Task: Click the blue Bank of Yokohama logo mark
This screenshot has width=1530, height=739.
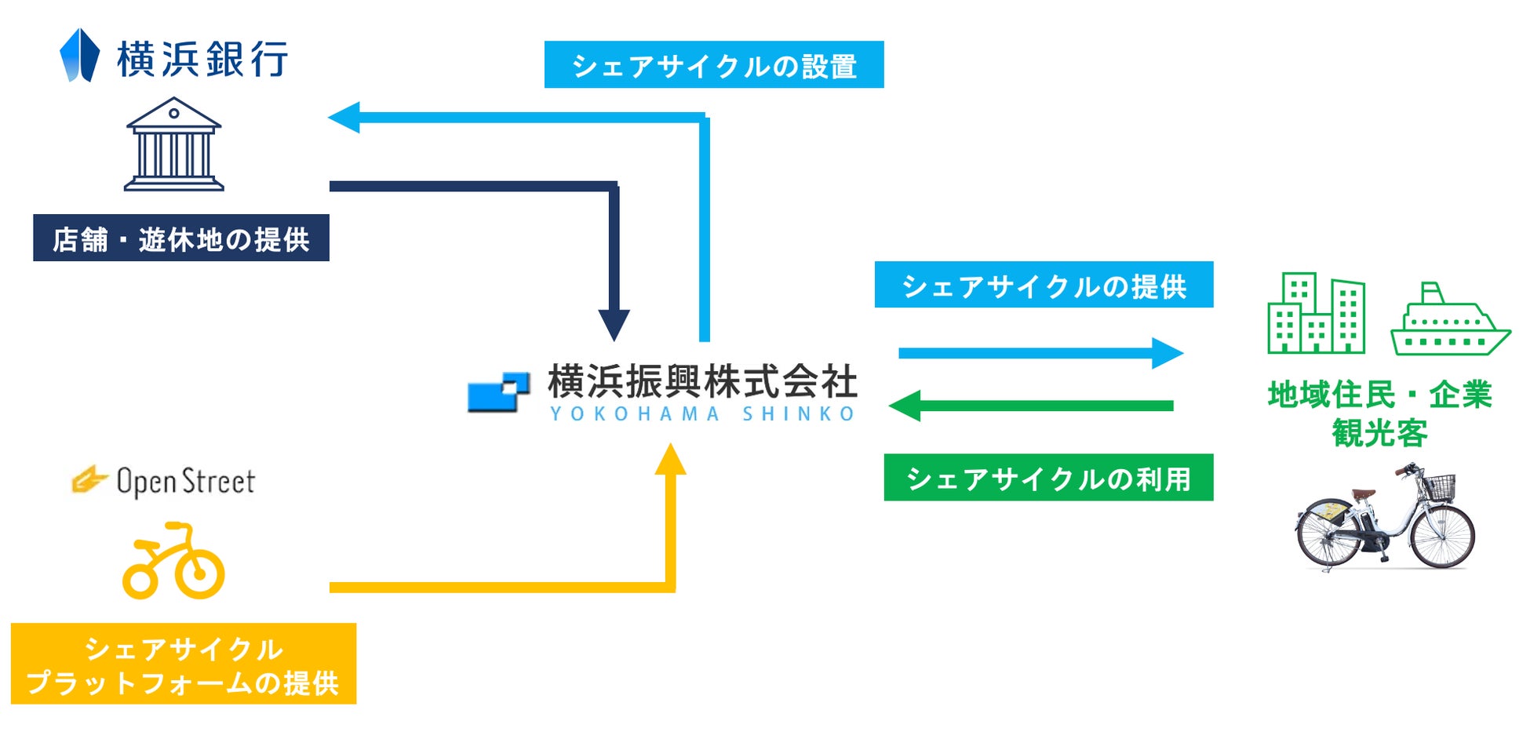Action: point(79,56)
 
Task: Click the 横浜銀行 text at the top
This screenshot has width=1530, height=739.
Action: point(202,60)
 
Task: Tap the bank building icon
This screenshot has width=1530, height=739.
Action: point(173,144)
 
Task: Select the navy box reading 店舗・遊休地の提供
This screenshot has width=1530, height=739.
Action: point(181,238)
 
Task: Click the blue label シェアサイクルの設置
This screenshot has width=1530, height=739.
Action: point(714,65)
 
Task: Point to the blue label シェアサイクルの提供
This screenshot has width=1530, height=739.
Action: point(1044,285)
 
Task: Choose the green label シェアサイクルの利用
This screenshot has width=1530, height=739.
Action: point(1048,478)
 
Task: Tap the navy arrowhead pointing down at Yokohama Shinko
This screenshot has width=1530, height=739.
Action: point(614,324)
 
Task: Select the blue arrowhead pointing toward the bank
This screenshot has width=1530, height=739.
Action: point(344,118)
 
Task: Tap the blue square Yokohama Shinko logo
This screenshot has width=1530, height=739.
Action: point(498,391)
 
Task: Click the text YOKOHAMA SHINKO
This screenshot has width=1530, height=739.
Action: point(702,414)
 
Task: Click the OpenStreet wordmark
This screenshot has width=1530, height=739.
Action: point(185,481)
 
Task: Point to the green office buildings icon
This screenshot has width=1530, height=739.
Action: point(1316,314)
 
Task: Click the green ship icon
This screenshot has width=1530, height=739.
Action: point(1449,322)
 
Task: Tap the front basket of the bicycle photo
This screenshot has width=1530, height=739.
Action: point(1440,486)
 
